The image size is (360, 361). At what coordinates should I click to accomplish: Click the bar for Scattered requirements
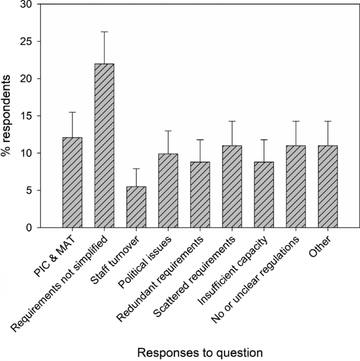[x=232, y=186]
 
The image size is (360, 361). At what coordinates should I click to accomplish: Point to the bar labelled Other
[x=328, y=186]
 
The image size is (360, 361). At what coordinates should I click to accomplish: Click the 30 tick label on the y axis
[x=25, y=5]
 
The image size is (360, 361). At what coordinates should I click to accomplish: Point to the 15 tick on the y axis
[x=25, y=116]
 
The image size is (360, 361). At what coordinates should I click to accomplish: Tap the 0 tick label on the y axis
[x=28, y=227]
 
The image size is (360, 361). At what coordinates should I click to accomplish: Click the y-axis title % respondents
[x=8, y=116]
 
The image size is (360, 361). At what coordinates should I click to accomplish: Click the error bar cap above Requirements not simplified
[x=104, y=32]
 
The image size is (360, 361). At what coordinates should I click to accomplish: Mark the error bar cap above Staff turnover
[x=136, y=168]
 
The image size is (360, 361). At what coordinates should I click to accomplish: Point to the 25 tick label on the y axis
[x=25, y=42]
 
